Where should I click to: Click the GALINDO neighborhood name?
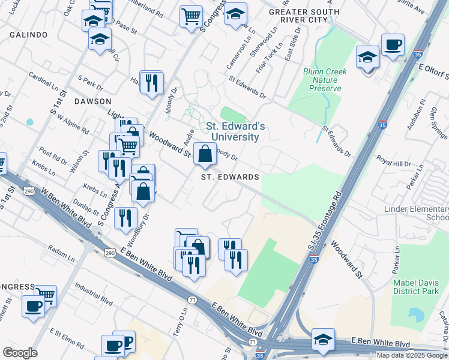click(28, 35)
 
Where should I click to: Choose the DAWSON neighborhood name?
click(93, 101)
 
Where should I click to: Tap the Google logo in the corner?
click(20, 352)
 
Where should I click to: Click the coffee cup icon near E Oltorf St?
click(393, 45)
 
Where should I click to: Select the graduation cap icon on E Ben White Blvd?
click(323, 339)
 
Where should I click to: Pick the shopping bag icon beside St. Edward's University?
click(205, 154)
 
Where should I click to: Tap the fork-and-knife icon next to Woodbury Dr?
click(125, 218)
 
